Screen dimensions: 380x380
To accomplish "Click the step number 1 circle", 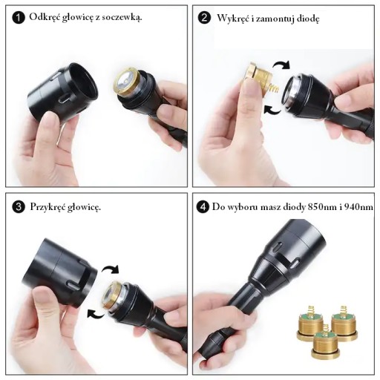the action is point(19,18).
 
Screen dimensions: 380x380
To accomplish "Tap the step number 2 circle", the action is point(204,18).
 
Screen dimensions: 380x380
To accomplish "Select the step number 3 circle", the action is point(19,207).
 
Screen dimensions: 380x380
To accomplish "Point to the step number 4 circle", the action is point(203,207).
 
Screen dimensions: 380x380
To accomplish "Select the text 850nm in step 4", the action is point(322,207).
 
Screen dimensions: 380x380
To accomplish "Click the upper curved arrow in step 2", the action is point(281,64).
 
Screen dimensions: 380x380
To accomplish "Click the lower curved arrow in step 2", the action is point(272,111).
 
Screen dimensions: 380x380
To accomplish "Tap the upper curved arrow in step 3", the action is point(111,269).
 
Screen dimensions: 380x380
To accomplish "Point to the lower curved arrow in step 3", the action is point(96,314).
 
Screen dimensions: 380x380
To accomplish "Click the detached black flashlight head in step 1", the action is point(63,94).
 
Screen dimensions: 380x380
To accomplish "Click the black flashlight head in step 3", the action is point(59,272).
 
